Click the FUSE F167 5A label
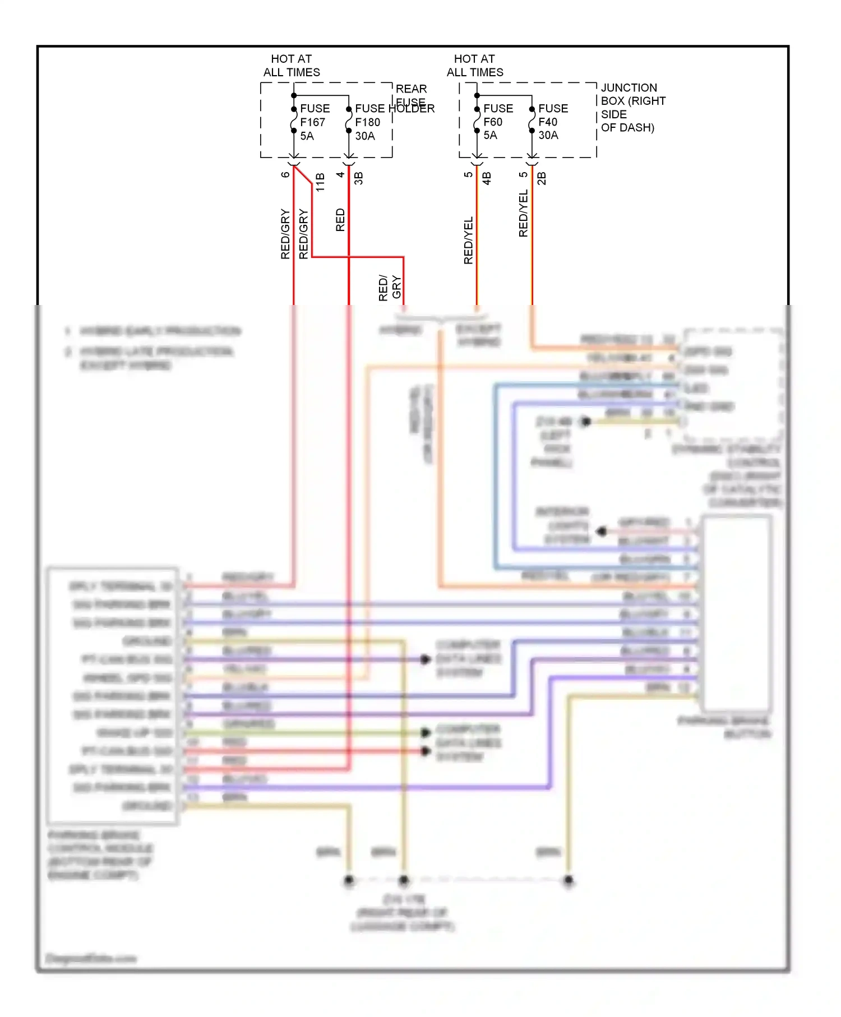click(x=315, y=122)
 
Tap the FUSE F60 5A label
click(x=497, y=122)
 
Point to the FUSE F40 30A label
click(x=553, y=122)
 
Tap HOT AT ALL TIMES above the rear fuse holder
click(x=292, y=66)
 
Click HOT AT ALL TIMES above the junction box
click(x=475, y=66)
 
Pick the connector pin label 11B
click(x=320, y=182)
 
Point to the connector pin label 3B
click(x=359, y=178)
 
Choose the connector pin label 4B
click(x=487, y=178)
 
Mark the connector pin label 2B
click(x=542, y=178)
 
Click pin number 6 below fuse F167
click(x=285, y=174)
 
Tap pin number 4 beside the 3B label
click(x=340, y=174)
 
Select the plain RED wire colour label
click(x=340, y=220)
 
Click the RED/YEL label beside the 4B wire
click(x=468, y=240)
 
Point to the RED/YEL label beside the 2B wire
click(x=523, y=213)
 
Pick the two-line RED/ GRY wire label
click(x=390, y=288)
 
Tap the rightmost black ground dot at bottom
click(x=569, y=880)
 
